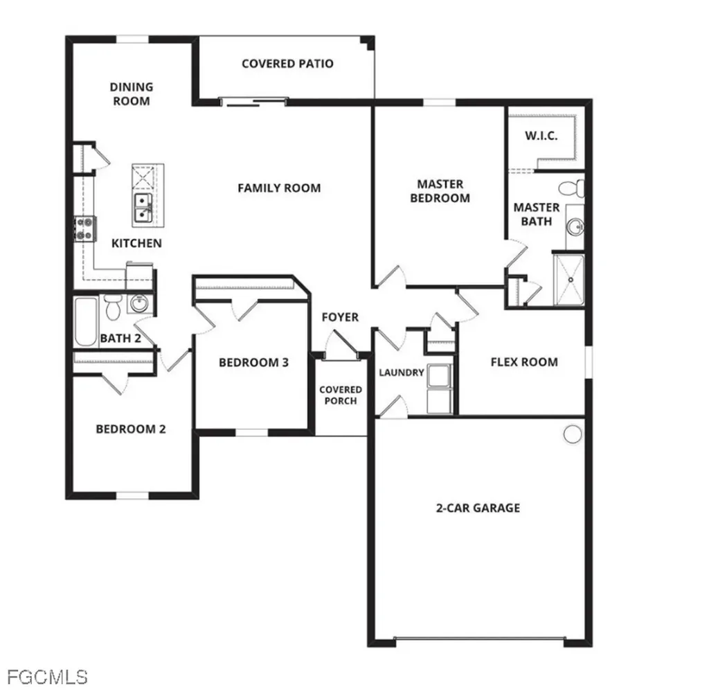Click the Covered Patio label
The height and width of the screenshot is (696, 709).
(287, 64)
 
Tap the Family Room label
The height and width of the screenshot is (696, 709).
(280, 188)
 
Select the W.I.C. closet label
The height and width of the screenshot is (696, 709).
(541, 136)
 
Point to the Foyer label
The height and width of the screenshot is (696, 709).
(340, 317)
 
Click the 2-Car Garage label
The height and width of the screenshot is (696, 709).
(478, 508)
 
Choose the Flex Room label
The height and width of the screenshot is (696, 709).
(525, 362)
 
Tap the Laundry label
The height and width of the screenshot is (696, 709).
(402, 373)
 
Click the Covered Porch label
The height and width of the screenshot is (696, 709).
(341, 395)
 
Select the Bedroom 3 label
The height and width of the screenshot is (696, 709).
(253, 363)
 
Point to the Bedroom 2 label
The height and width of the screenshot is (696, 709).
(131, 429)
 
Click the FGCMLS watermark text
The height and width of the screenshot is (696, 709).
(48, 677)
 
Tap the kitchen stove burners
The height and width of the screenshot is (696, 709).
(85, 229)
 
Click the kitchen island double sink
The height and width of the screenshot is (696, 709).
(143, 208)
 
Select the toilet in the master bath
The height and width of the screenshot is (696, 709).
(571, 188)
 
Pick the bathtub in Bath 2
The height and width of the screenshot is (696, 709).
(86, 321)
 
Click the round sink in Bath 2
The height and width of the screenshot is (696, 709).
(139, 303)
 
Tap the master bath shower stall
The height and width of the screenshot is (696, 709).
(569, 280)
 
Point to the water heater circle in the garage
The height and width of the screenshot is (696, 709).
(573, 434)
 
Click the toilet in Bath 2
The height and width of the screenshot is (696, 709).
(111, 307)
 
